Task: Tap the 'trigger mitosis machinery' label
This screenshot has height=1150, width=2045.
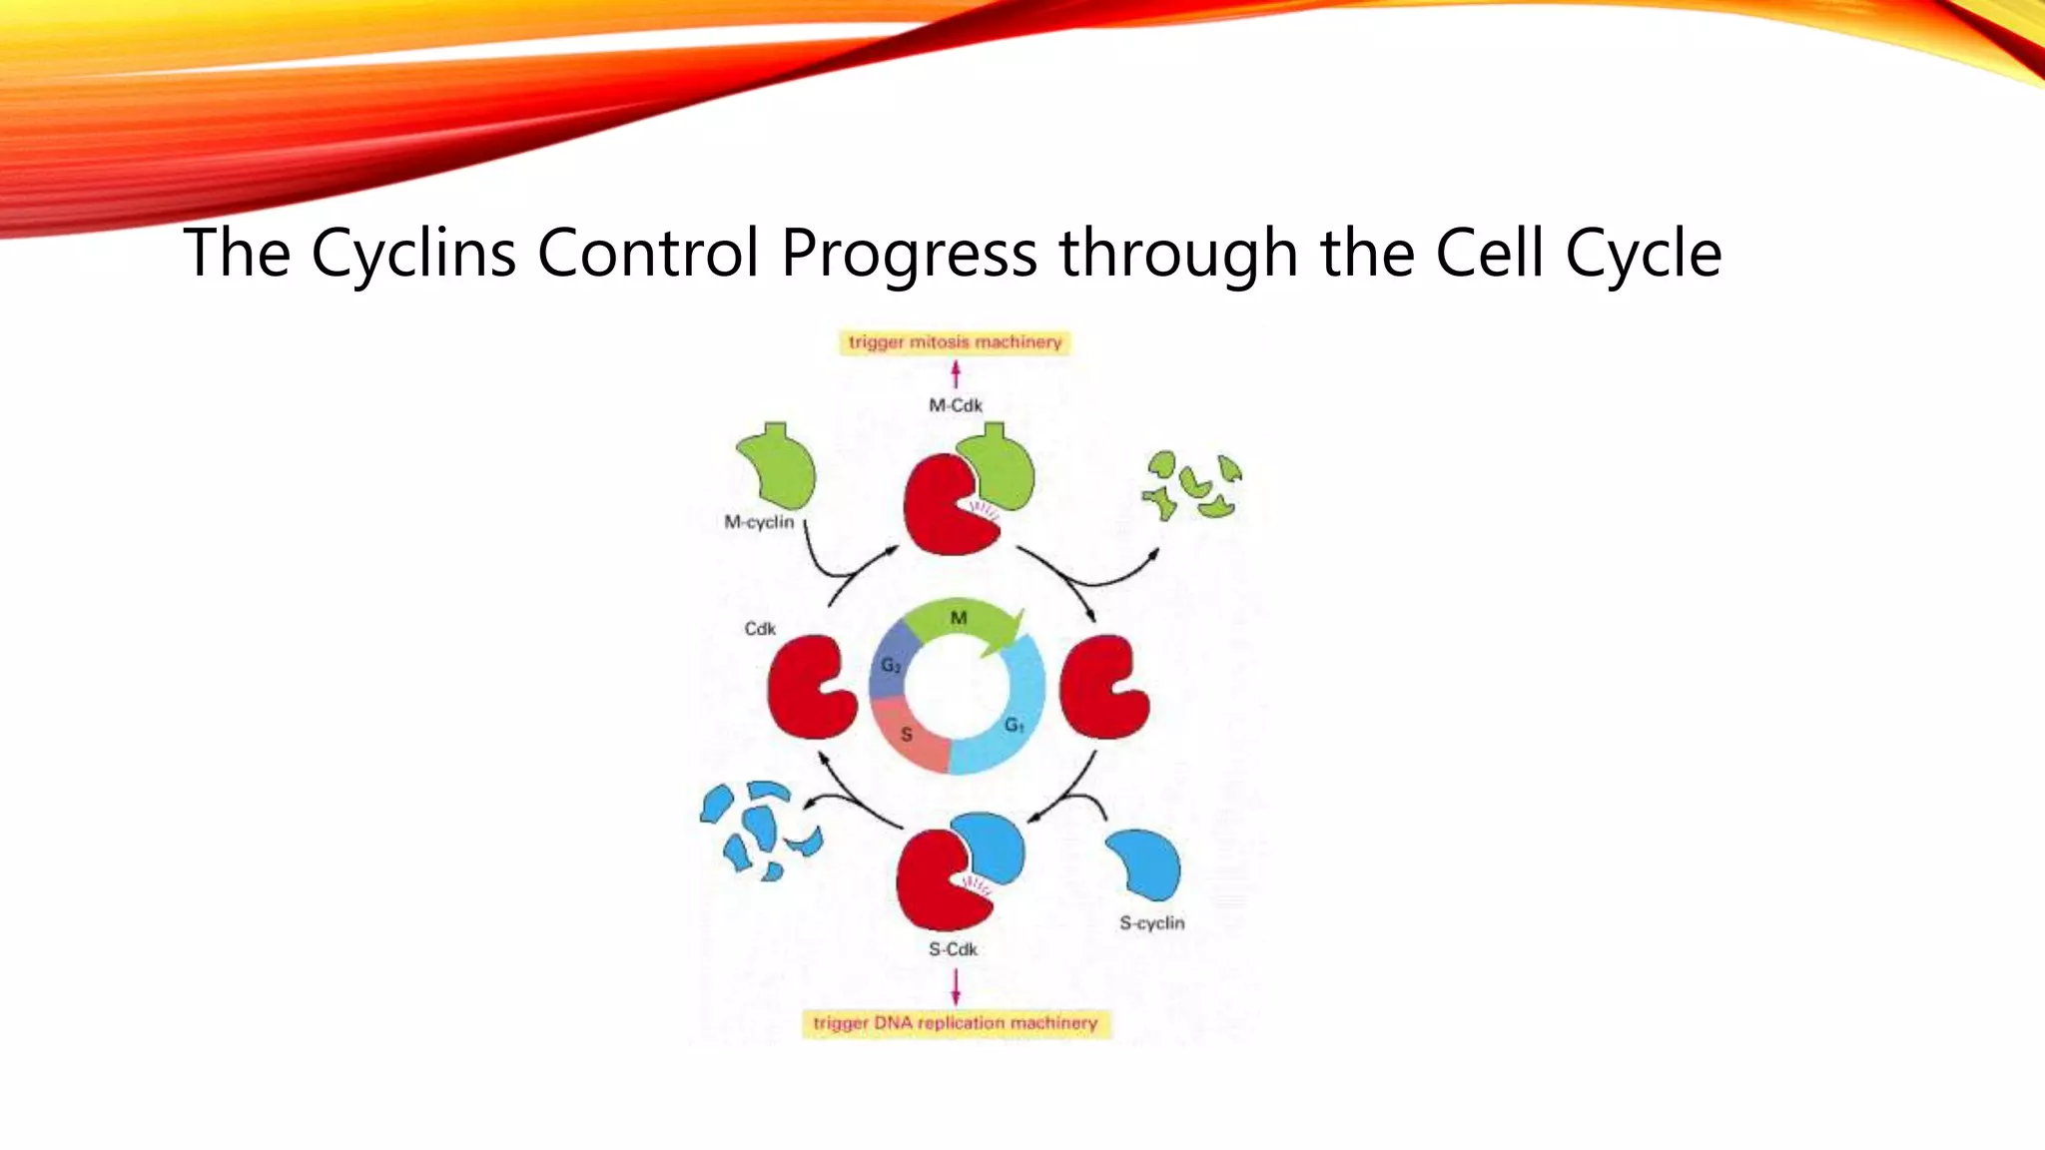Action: (955, 342)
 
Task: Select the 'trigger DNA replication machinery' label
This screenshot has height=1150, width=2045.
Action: (956, 1023)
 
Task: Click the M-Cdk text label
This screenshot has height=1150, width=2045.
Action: (956, 405)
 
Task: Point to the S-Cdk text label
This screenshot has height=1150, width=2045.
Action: (953, 949)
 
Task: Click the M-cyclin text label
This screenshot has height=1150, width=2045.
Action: (759, 522)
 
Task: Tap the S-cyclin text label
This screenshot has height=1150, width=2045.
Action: (1151, 923)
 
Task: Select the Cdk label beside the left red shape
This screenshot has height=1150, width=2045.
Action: (760, 629)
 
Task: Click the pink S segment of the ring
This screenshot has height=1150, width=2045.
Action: (909, 737)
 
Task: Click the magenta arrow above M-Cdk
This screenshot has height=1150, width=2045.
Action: (956, 374)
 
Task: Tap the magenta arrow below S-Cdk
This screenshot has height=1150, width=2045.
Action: (956, 986)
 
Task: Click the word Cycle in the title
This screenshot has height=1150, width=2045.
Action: (1643, 253)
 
